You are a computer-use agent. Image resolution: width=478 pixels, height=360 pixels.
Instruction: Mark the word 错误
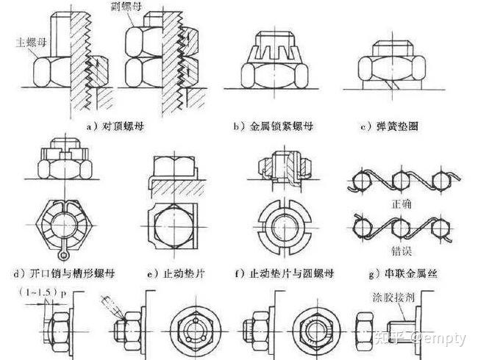[x=400, y=248]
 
